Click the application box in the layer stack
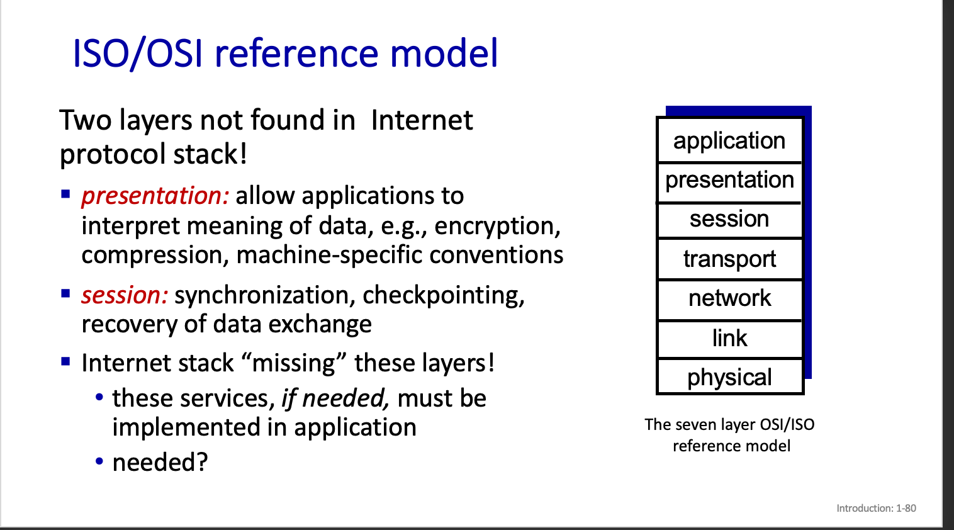click(730, 140)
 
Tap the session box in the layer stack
click(730, 220)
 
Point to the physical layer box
click(730, 376)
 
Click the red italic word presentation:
click(155, 196)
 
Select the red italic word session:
click(125, 295)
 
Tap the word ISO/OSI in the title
click(138, 54)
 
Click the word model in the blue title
click(444, 53)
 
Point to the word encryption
click(497, 227)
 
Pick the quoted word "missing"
click(295, 363)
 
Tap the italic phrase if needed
click(335, 399)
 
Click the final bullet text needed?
click(160, 462)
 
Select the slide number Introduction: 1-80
click(876, 508)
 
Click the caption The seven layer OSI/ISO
click(729, 425)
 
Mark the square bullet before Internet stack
click(65, 362)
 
